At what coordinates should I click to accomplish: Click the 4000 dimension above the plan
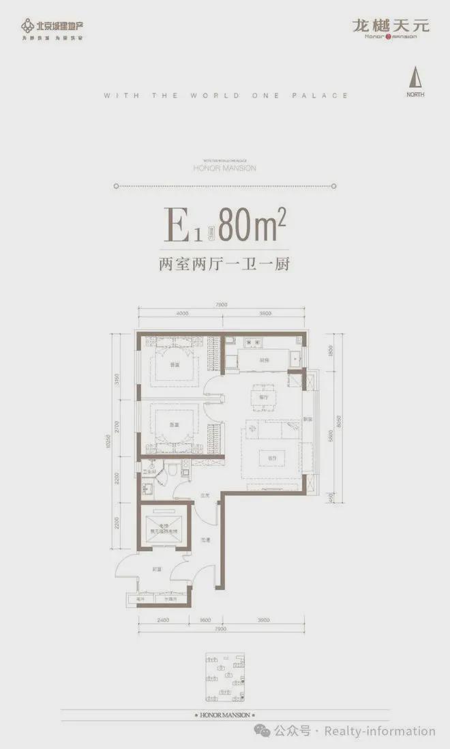point(181,313)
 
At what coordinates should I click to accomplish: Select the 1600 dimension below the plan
point(206,620)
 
